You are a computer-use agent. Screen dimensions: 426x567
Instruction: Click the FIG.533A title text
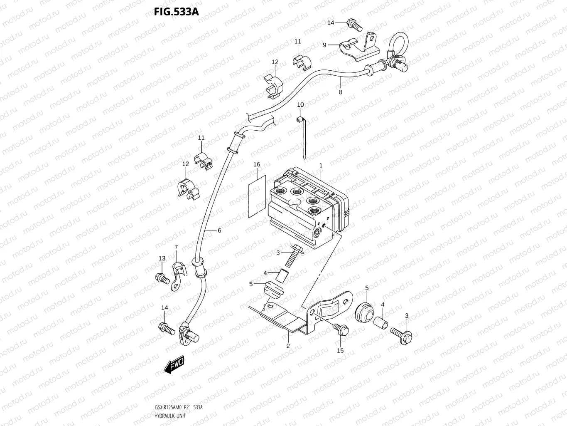[x=176, y=12]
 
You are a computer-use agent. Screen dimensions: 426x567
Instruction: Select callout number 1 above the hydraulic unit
[x=321, y=166]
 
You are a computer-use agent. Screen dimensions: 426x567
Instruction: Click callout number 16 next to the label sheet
[x=257, y=165]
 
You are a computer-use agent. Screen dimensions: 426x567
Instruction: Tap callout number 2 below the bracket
[x=288, y=346]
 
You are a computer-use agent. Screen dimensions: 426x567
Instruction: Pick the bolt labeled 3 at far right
[x=401, y=332]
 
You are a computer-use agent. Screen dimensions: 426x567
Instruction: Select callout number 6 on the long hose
[x=219, y=230]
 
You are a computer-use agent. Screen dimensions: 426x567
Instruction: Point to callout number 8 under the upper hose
[x=340, y=92]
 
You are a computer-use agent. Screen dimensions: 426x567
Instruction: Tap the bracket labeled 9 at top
[x=360, y=49]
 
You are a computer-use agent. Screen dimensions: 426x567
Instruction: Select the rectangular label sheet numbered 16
[x=257, y=196]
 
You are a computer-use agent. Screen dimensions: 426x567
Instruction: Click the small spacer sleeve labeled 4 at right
[x=380, y=323]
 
